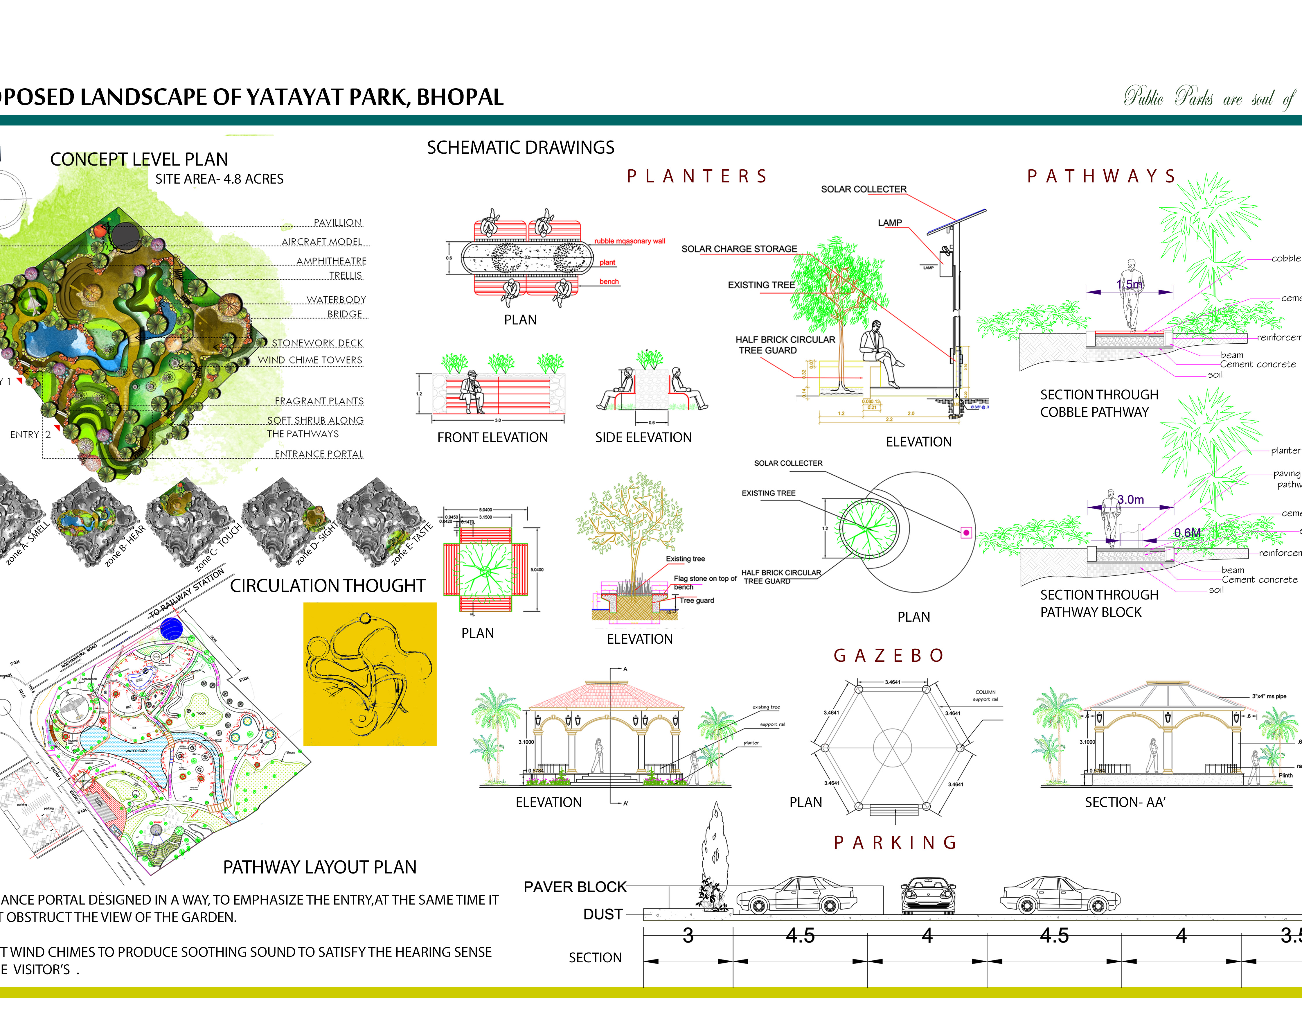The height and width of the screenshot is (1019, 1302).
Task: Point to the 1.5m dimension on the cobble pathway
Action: pyautogui.click(x=1129, y=285)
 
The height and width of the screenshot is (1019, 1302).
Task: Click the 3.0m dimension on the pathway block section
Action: pyautogui.click(x=1130, y=500)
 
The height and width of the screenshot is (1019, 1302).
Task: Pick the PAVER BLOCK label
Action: pyautogui.click(x=575, y=887)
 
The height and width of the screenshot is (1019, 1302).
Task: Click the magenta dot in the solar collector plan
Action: pyautogui.click(x=966, y=533)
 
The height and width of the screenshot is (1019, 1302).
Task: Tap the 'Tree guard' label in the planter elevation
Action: pyautogui.click(x=697, y=601)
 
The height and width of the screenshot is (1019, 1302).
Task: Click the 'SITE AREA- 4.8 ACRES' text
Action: pyautogui.click(x=220, y=179)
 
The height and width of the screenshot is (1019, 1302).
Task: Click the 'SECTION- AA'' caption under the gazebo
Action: pyautogui.click(x=1125, y=802)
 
